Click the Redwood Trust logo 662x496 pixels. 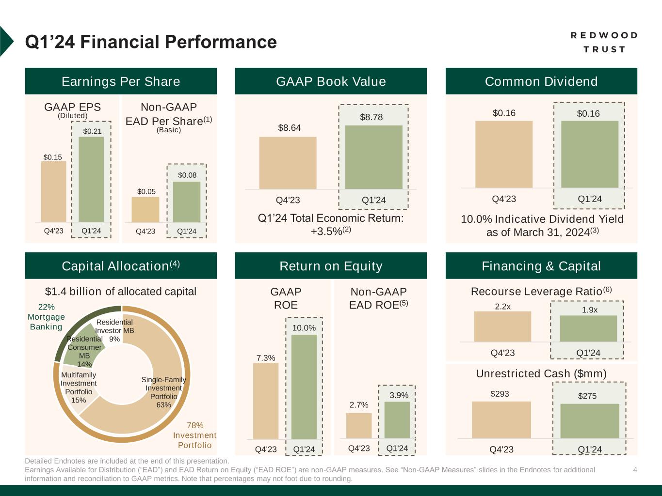tap(604, 42)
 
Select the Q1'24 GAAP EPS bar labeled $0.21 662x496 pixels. tap(91, 179)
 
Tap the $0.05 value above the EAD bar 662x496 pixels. tap(146, 192)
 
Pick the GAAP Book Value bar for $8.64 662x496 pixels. tap(288, 163)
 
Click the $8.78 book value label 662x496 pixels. tap(371, 117)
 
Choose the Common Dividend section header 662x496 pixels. tap(541, 81)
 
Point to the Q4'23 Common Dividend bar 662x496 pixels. tap(504, 154)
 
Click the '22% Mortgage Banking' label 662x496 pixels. tap(46, 317)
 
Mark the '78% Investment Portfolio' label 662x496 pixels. tap(194, 435)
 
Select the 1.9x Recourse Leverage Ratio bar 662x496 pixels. tap(588, 328)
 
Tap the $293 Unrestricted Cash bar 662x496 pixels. tap(501, 419)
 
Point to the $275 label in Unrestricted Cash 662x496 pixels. tap(587, 396)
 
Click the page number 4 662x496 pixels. tap(635, 469)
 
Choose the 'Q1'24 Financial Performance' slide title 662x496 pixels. tap(151, 42)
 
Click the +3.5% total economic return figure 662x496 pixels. tap(327, 232)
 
